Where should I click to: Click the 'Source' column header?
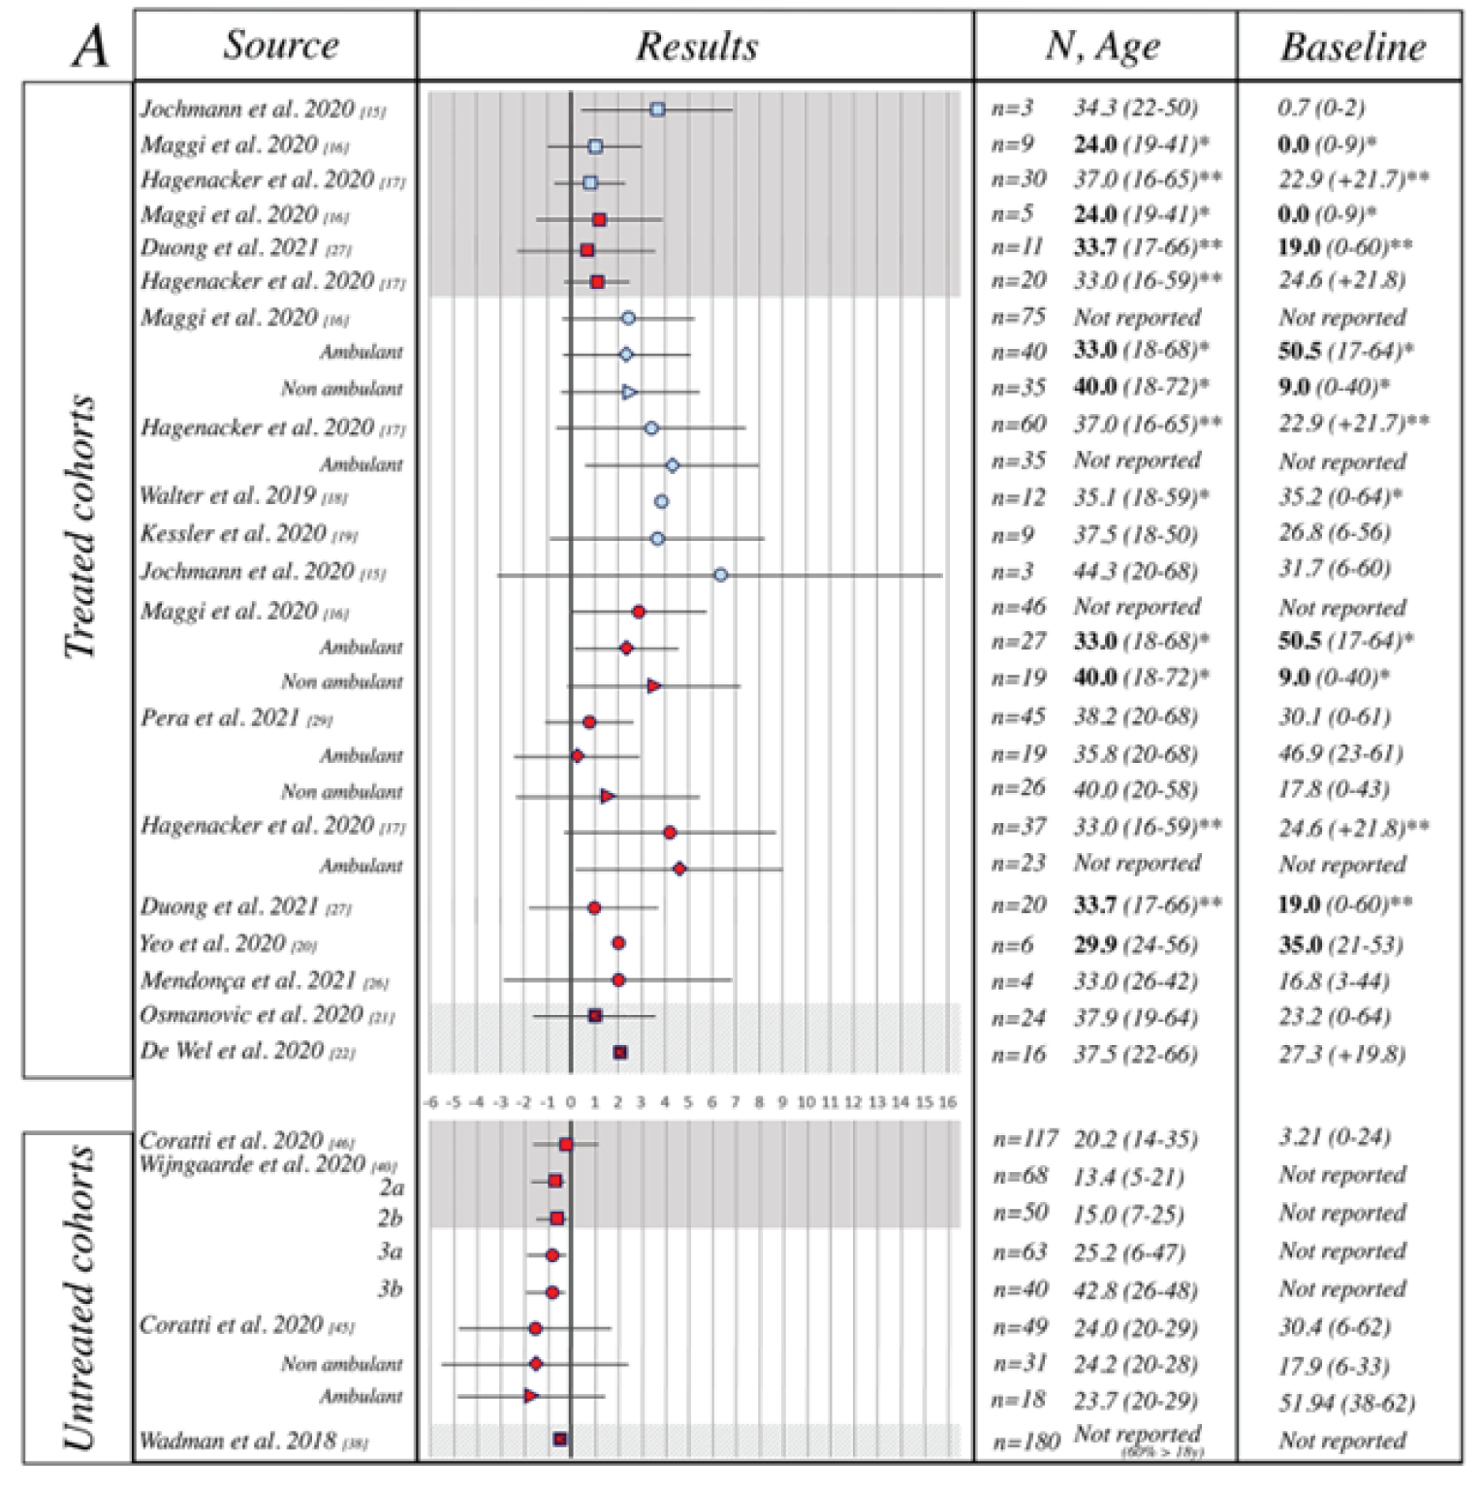(x=281, y=45)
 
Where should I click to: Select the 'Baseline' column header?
(x=1352, y=47)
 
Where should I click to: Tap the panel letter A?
(x=89, y=47)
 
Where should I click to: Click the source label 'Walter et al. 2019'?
(x=229, y=496)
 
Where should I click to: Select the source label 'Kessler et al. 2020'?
(x=234, y=534)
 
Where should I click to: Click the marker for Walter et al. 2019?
(x=661, y=501)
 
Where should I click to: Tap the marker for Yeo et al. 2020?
(x=618, y=943)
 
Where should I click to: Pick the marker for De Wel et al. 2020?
(x=620, y=1052)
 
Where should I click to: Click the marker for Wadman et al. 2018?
(x=560, y=1440)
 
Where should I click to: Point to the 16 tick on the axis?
(x=948, y=1102)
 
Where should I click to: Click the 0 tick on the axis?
(x=571, y=1102)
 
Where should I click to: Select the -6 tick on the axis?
(x=429, y=1102)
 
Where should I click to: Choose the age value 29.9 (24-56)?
(x=1135, y=944)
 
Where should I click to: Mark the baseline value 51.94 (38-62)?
(x=1345, y=1402)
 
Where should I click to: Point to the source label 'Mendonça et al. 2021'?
(x=248, y=981)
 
